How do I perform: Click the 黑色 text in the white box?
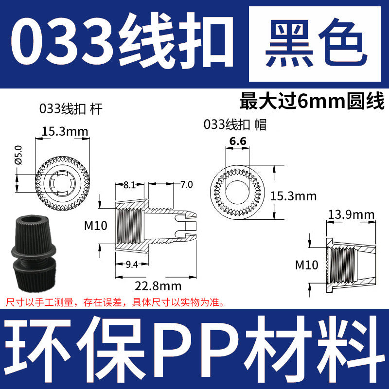coord(317,45)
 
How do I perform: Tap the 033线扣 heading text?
coord(119,45)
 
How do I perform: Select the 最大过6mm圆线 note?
coord(312,101)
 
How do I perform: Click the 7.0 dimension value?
coord(187,185)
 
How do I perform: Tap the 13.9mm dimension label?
coord(351,214)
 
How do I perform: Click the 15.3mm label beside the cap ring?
coord(293,196)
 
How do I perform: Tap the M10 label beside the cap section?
coord(306,265)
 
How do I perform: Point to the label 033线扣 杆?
coord(71,110)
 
